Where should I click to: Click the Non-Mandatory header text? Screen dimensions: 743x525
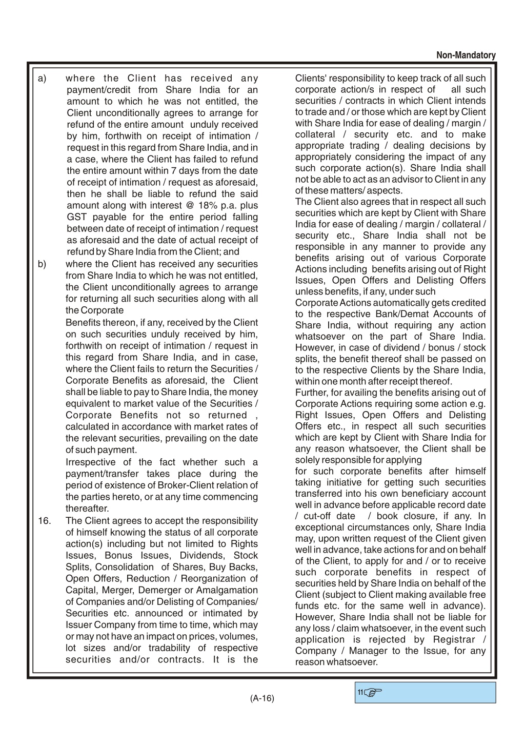coord(466,55)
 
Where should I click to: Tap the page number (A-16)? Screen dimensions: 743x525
coord(262,698)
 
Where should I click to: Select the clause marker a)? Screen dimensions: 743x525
coord(42,79)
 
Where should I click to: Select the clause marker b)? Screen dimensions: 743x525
coord(42,264)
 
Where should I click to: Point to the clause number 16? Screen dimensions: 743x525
coord(45,521)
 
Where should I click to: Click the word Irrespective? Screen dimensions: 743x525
coord(90,462)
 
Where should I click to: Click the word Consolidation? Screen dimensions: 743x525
coord(125,567)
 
